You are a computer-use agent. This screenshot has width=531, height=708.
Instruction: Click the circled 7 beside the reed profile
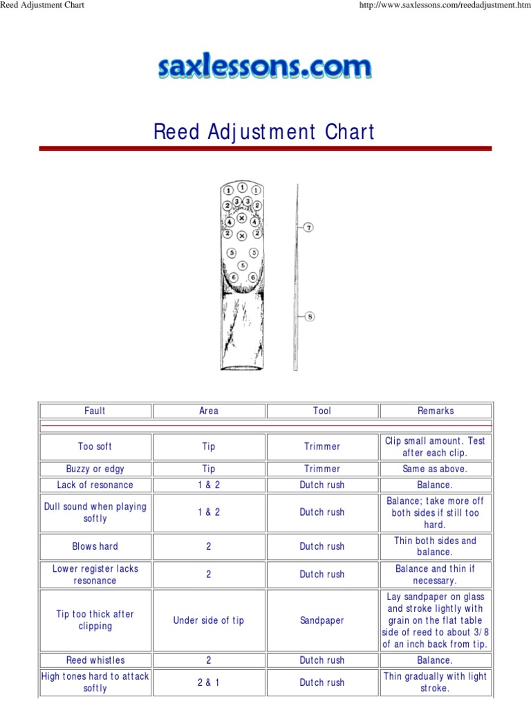[308, 227]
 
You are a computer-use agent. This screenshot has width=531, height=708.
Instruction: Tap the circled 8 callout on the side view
[310, 317]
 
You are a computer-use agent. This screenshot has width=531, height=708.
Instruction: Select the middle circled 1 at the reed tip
[242, 187]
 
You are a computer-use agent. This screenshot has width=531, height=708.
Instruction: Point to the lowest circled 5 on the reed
[242, 265]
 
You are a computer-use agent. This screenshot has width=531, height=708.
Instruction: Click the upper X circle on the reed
[242, 218]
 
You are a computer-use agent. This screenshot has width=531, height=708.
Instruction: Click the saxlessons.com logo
[265, 68]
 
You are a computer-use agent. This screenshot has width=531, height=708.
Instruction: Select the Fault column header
[95, 411]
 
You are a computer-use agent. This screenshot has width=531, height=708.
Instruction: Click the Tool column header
[322, 411]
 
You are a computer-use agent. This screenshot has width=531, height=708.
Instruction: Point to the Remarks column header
[436, 411]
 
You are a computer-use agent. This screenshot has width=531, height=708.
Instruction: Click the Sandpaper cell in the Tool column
[322, 621]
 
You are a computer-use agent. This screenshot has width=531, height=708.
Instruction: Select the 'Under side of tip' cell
[209, 621]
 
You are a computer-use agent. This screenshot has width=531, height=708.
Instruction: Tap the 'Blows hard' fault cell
[95, 546]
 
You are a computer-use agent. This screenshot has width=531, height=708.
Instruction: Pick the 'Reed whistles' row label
[95, 660]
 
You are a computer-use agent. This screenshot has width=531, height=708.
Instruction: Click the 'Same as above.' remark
[436, 469]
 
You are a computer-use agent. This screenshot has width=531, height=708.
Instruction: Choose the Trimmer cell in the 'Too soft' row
[322, 447]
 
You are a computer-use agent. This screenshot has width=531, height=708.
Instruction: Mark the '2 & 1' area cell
[209, 682]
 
